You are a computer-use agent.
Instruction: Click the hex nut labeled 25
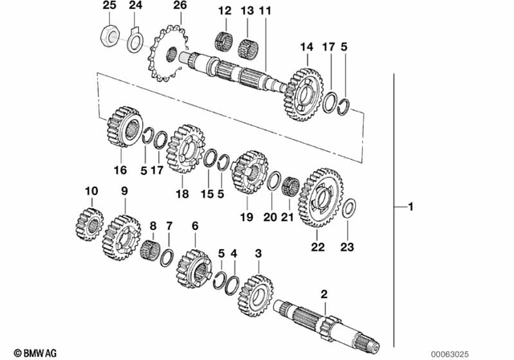coord(108,36)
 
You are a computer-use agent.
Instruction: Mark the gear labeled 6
coord(194,266)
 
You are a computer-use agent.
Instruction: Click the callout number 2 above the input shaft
coord(324,295)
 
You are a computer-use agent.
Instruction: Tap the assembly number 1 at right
coord(410,208)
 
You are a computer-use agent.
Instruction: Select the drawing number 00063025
coord(482,352)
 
